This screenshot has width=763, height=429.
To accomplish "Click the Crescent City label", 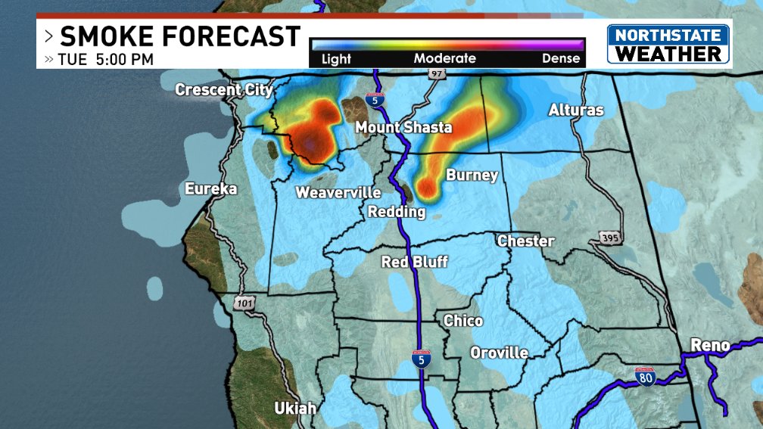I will (223, 90).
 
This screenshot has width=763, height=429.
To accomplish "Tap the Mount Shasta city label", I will (403, 127).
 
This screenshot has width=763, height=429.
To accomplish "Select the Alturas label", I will (576, 110).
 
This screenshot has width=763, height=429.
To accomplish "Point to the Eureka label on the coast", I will (211, 189).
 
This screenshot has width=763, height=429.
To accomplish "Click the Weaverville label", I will (338, 193).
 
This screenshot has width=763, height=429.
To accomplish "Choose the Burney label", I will (472, 176).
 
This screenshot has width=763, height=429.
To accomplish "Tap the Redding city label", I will (397, 213).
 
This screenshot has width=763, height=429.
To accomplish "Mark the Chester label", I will (525, 241).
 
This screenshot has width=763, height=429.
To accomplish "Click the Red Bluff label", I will (414, 263).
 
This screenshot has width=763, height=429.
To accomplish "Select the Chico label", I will (463, 321).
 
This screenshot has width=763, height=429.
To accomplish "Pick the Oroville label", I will (499, 353).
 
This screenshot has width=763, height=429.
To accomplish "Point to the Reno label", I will (710, 346).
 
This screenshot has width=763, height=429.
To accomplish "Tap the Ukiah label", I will (295, 409).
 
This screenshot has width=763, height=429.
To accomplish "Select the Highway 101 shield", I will (244, 303).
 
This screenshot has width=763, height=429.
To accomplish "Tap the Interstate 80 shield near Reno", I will (645, 376).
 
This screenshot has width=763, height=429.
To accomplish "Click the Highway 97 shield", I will (436, 74).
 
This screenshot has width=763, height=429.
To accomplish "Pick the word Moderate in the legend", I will (444, 58).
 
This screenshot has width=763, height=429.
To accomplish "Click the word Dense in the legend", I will (561, 58).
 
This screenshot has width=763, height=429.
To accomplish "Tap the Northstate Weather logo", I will (668, 44).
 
